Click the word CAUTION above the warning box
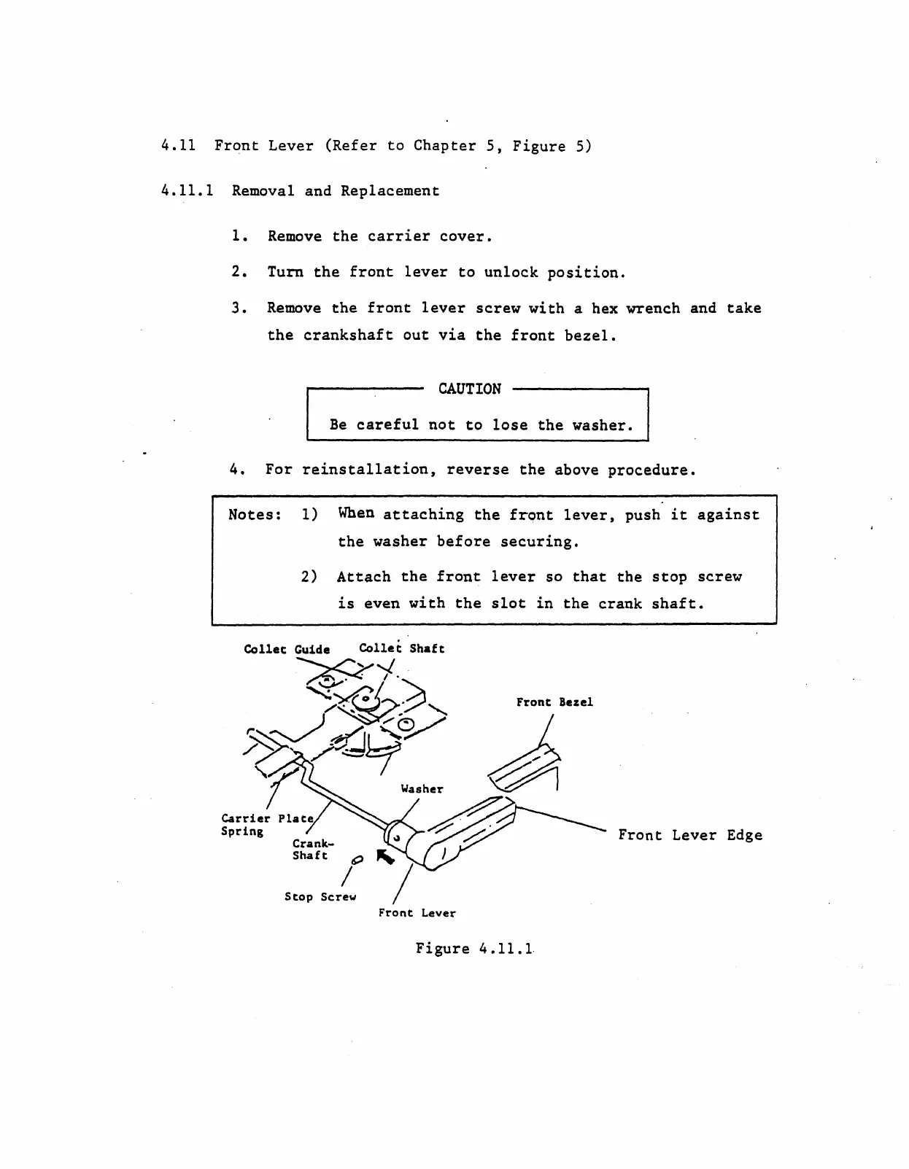(469, 389)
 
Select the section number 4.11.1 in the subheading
(187, 191)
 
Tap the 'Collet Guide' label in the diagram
(287, 649)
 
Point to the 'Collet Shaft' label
(401, 648)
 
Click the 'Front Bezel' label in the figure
(554, 702)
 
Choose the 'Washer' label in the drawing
(422, 788)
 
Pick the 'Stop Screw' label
(320, 896)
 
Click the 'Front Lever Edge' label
(690, 835)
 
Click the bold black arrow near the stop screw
(384, 857)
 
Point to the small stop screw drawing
(357, 861)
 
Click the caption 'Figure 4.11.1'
(474, 949)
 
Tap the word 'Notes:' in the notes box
(255, 515)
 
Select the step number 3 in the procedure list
(236, 308)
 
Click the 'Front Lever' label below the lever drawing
(417, 912)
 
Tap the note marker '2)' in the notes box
(309, 577)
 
